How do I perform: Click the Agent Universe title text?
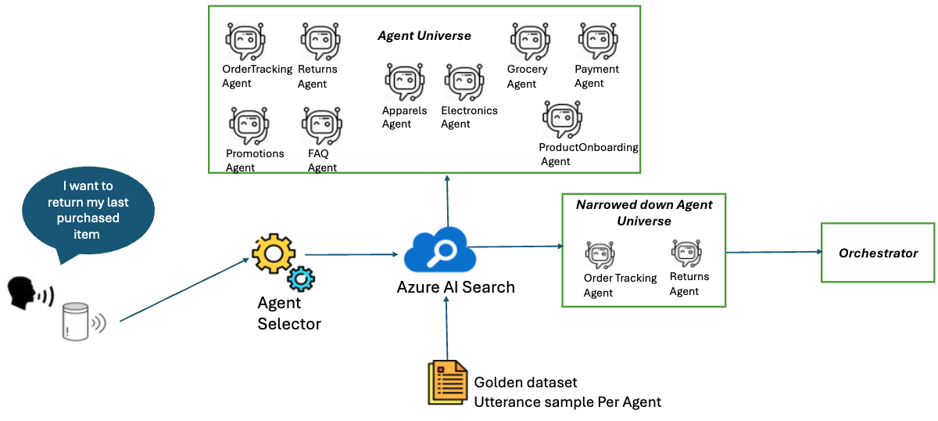click(424, 36)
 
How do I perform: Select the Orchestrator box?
click(878, 253)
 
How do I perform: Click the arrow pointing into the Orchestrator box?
click(774, 252)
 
